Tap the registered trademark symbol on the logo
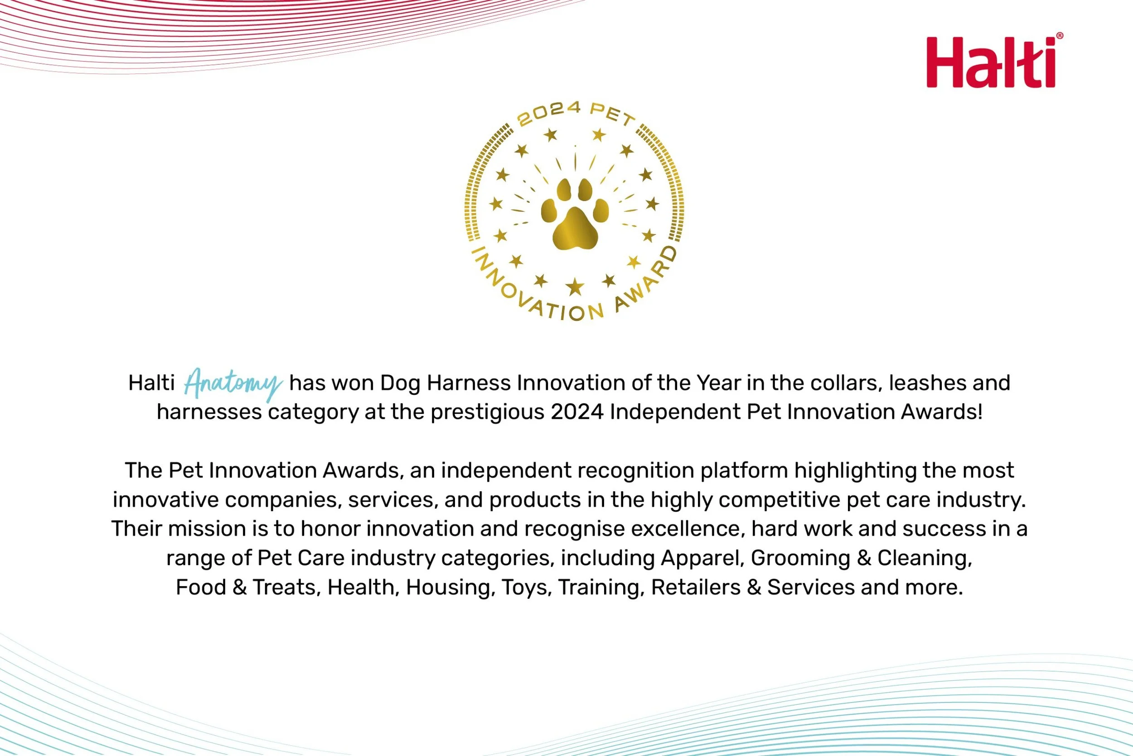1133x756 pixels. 1059,36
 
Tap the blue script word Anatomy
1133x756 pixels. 233,384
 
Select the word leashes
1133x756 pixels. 920,383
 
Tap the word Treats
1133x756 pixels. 284,588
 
